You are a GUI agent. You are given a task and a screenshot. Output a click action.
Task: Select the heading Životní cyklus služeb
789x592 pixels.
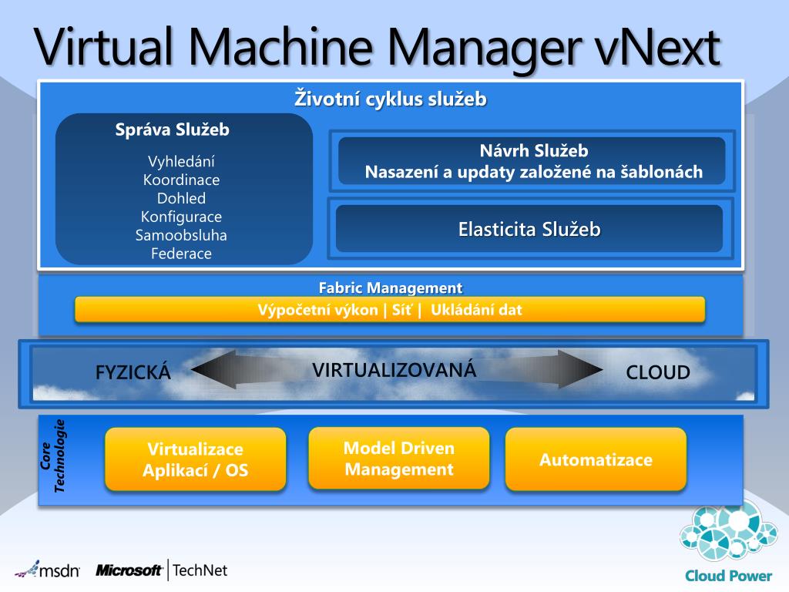[391, 99]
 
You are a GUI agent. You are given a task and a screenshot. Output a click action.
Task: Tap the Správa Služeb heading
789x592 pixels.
[173, 129]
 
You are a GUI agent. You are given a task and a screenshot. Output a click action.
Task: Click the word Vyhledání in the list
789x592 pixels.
[181, 162]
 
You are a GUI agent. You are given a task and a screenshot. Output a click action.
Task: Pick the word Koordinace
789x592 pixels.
[181, 180]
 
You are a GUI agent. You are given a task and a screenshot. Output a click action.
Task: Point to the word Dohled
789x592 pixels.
[181, 199]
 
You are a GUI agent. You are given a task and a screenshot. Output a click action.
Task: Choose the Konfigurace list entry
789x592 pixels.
[181, 217]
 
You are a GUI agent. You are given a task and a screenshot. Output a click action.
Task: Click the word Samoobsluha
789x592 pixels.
[181, 235]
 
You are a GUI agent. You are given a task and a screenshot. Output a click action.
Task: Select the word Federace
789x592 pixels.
[181, 254]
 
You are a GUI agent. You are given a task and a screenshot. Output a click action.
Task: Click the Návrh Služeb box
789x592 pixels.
[532, 161]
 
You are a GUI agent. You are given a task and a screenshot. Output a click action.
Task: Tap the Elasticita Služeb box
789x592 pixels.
[529, 229]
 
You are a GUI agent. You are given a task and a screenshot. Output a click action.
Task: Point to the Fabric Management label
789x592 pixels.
[391, 288]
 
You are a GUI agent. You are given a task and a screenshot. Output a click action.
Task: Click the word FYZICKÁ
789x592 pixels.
[133, 373]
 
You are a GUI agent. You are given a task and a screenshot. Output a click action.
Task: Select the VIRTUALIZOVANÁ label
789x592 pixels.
[394, 370]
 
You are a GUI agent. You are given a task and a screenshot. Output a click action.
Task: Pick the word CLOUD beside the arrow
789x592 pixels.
[658, 373]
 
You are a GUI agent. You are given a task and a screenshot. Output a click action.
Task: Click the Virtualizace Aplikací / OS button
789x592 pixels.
[196, 459]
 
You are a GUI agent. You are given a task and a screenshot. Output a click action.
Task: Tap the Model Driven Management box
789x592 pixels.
[399, 459]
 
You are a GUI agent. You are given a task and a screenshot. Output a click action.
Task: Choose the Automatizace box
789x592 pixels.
[596, 460]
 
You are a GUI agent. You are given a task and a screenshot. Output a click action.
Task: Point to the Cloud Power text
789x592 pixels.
[728, 575]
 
